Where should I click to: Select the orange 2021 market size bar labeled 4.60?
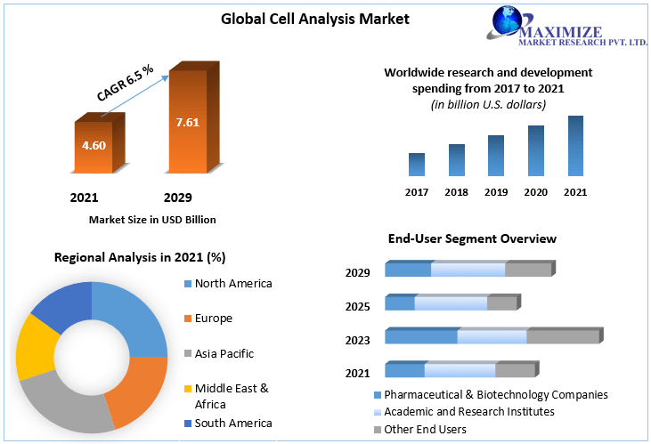click(94, 145)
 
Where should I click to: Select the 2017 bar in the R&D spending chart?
click(416, 165)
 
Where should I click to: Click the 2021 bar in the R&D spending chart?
click(575, 146)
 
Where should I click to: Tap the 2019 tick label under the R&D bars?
click(495, 192)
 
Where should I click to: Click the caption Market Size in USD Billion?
click(152, 219)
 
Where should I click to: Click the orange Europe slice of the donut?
click(138, 387)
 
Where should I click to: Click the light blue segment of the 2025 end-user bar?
click(451, 304)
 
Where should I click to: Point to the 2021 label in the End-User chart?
click(358, 372)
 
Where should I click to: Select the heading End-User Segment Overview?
click(472, 238)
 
